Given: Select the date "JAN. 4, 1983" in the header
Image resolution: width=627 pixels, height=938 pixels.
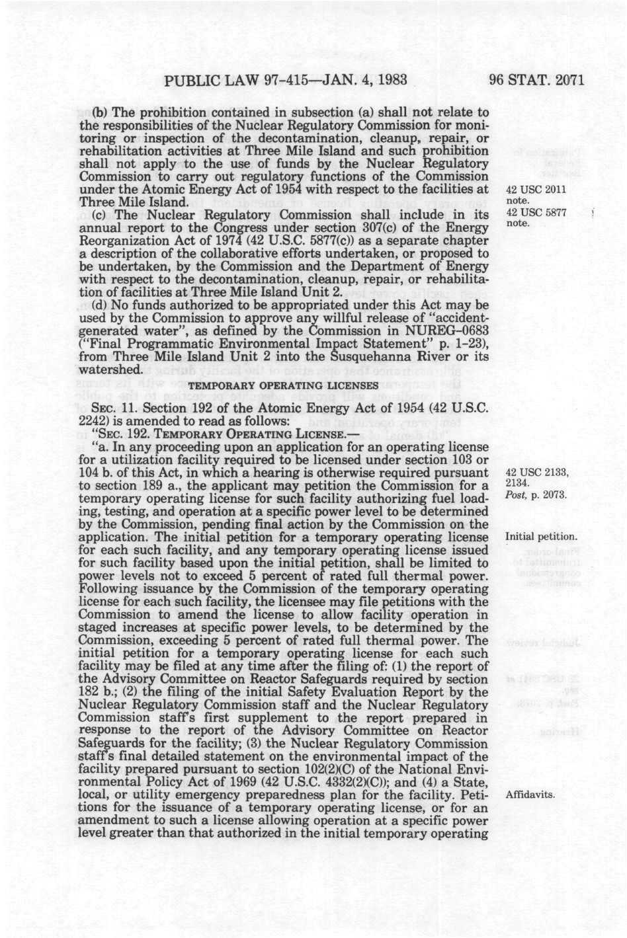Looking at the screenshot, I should click(353, 82).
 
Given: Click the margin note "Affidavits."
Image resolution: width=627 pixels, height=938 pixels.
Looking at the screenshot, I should click(529, 795).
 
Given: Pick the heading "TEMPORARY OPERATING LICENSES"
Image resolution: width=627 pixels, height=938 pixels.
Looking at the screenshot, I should click(284, 384).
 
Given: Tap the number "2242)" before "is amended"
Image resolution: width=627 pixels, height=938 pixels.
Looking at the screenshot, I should click(95, 421).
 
